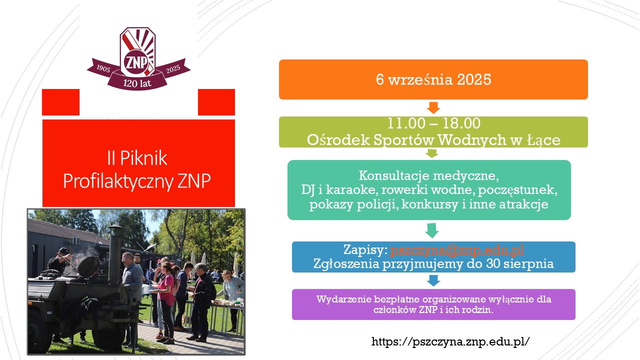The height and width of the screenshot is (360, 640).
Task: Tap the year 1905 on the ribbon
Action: pos(103,68)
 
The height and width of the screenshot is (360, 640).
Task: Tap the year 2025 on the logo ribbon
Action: pos(173,68)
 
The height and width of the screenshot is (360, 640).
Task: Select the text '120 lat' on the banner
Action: pos(137,83)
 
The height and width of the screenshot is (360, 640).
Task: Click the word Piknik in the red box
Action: pos(143,157)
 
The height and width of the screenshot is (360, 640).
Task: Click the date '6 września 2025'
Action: pos(433,79)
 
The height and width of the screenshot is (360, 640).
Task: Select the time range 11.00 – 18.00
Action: pos(433,123)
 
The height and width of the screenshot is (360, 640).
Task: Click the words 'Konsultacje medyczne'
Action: pos(429,175)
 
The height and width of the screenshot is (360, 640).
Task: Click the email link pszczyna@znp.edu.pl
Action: pos(457,249)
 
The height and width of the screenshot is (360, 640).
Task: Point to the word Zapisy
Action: pos(365,249)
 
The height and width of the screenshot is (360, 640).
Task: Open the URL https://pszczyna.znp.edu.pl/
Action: pos(450,341)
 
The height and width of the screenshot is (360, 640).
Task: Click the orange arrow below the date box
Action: pos(433,107)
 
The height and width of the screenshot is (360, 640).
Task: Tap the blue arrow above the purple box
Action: pos(433,280)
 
